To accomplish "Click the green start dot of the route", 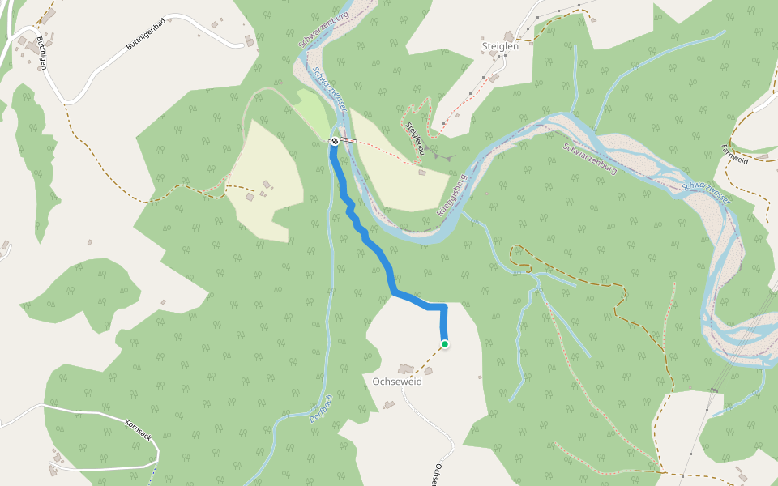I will point(445,344).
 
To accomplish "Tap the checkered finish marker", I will point(334,142).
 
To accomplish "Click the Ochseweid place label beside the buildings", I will point(396,382).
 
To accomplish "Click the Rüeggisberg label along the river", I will point(452,194).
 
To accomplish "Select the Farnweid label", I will point(735,155).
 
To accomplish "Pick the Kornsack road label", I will point(139,430).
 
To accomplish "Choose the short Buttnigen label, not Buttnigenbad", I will point(41,53).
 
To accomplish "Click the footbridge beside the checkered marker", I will point(347,141).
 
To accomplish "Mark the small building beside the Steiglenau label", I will point(422,172).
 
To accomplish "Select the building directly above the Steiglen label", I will point(509,36).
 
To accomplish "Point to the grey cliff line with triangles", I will point(442,154).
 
